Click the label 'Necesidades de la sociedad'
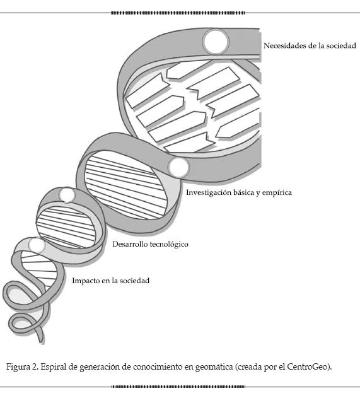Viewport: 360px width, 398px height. pos(310,46)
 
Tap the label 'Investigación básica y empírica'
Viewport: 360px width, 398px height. pos(239,192)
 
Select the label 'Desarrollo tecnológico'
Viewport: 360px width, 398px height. pos(150,244)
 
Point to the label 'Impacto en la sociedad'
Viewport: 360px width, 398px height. pos(110,281)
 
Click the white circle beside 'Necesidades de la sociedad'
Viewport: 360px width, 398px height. pos(216,42)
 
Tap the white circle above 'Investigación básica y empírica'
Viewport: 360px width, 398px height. pos(178,167)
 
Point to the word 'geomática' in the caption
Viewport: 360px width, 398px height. pos(214,367)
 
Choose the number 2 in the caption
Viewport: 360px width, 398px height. pos(35,367)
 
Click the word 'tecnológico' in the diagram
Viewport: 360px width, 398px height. pos(169,245)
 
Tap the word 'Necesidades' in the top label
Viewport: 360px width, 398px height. pos(284,46)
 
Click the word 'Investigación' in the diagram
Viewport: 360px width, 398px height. pos(209,193)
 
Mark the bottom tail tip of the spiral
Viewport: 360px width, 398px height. pos(42,343)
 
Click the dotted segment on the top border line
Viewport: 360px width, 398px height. pos(178,13)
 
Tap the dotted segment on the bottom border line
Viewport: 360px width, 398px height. pos(178,387)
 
